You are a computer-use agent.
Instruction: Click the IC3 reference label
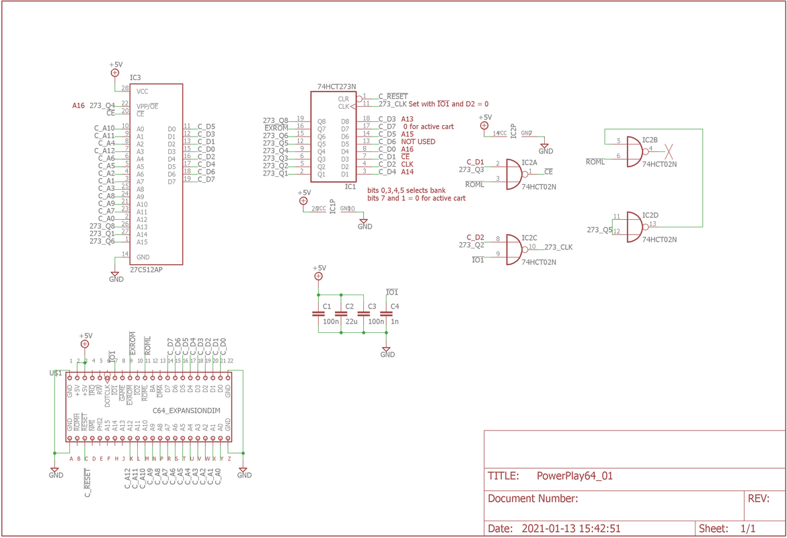[x=135, y=78]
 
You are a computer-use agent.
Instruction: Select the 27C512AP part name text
[x=146, y=270]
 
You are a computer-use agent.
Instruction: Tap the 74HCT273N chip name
[x=336, y=87]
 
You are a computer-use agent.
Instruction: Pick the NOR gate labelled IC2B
[x=636, y=151]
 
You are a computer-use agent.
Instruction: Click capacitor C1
[x=319, y=314]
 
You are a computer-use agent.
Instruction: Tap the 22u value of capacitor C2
[x=350, y=322]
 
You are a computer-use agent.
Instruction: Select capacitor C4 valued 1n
[x=386, y=314]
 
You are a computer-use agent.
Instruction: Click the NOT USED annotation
[x=418, y=142]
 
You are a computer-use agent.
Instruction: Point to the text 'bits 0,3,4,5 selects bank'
[x=406, y=191]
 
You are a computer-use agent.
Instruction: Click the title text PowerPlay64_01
[x=574, y=476]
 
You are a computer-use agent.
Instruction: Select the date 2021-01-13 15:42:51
[x=570, y=529]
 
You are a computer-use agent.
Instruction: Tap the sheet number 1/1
[x=747, y=529]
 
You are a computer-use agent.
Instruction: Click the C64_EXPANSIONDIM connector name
[x=186, y=410]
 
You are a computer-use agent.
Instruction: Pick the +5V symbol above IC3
[x=115, y=72]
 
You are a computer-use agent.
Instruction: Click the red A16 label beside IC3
[x=79, y=106]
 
